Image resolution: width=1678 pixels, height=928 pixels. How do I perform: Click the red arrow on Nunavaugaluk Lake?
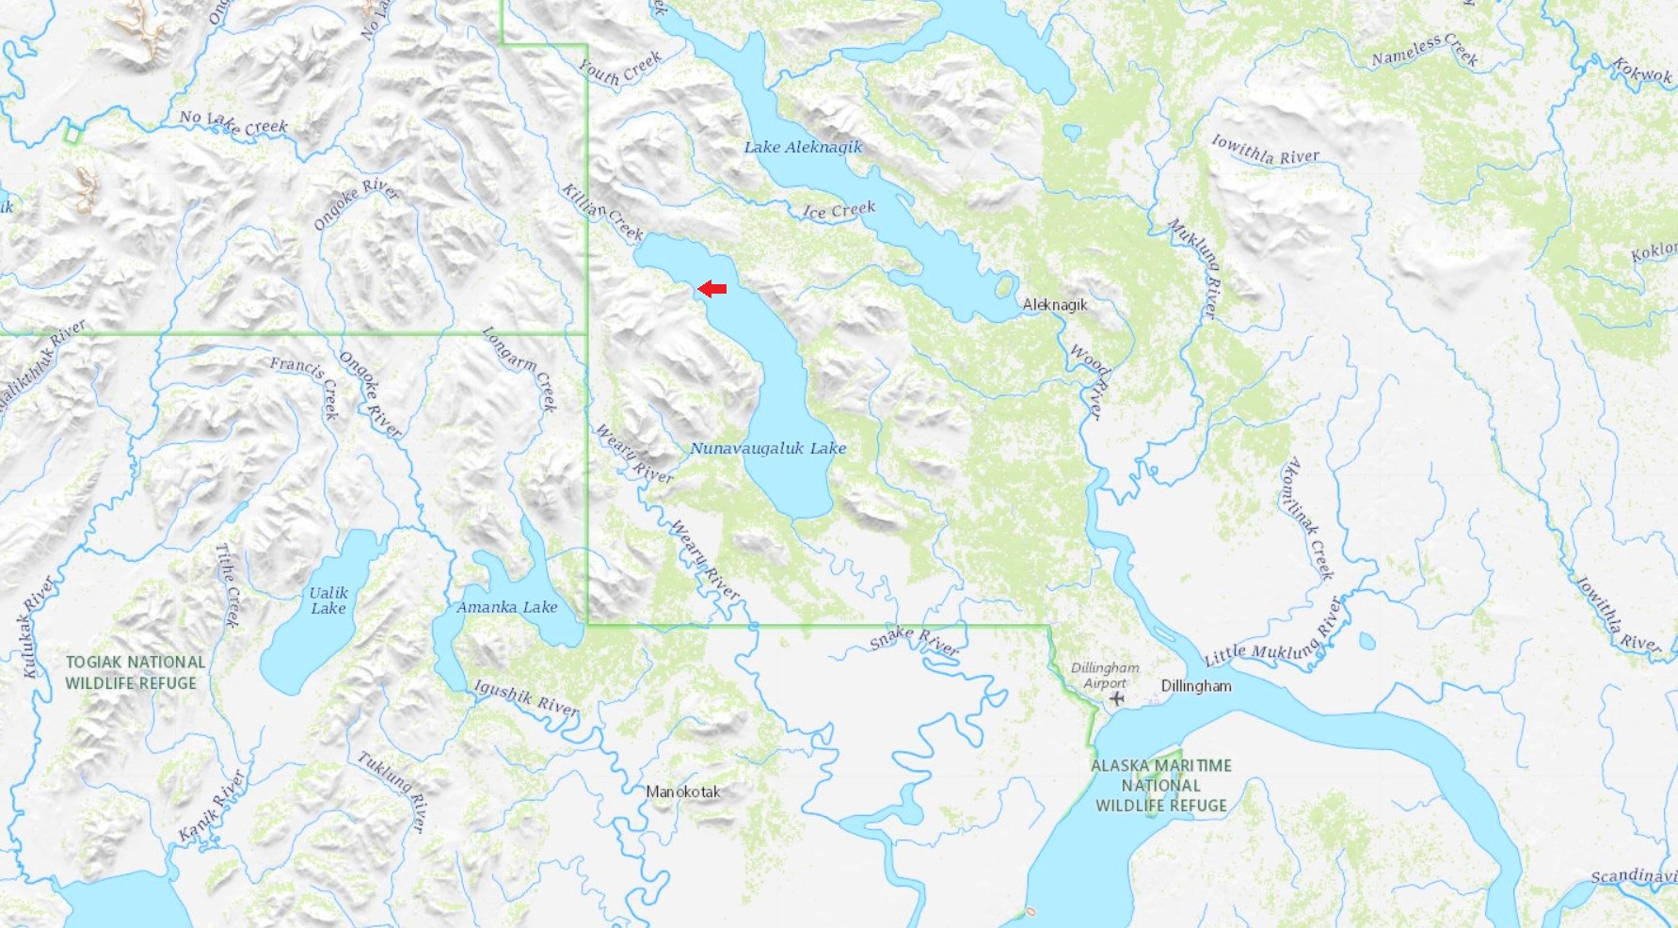click(x=712, y=289)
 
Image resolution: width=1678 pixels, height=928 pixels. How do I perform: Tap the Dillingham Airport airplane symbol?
click(x=1117, y=698)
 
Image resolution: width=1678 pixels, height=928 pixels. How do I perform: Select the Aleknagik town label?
click(x=1055, y=305)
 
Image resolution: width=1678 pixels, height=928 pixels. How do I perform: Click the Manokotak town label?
click(x=683, y=792)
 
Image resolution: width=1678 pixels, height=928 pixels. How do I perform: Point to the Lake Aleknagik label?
click(x=803, y=147)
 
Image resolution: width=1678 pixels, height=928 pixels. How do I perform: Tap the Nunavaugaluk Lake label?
click(x=768, y=448)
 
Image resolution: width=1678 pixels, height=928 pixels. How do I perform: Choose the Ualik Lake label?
click(x=328, y=600)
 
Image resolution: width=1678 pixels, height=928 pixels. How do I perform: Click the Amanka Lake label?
click(x=507, y=607)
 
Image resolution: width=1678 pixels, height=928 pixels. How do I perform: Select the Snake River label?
click(x=914, y=641)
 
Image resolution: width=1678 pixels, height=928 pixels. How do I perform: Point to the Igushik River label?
click(x=526, y=697)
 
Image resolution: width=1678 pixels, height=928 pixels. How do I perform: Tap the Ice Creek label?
click(x=839, y=210)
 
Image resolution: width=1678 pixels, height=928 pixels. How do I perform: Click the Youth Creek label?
click(x=619, y=69)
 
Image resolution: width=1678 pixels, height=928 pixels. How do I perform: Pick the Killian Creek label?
click(x=601, y=213)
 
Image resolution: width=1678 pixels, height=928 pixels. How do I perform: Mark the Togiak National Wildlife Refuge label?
click(x=135, y=673)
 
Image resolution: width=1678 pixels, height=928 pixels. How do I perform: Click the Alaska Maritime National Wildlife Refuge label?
click(x=1161, y=786)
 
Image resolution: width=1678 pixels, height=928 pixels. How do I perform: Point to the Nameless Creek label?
click(x=1424, y=51)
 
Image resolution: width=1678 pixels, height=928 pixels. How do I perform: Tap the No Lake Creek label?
click(x=233, y=122)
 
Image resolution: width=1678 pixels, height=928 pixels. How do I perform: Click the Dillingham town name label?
click(x=1196, y=686)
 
